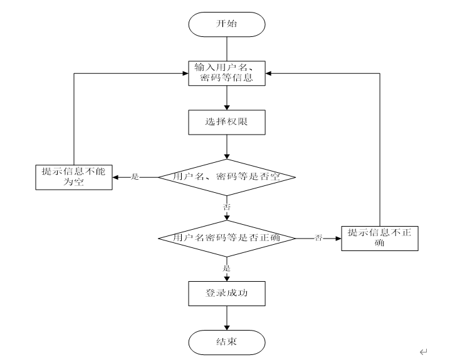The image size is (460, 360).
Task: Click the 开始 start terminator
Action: tap(227, 24)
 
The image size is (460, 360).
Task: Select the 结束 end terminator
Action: tap(227, 342)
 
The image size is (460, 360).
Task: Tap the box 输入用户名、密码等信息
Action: tap(227, 73)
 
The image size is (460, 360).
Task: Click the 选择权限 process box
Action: tap(227, 122)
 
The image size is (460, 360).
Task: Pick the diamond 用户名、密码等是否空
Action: tap(227, 177)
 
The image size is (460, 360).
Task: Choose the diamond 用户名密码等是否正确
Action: tap(227, 239)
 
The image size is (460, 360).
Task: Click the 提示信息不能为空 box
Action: tap(74, 177)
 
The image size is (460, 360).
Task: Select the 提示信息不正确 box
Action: tap(380, 239)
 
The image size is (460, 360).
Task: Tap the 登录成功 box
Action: tap(227, 294)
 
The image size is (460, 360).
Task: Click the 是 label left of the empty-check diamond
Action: tap(135, 177)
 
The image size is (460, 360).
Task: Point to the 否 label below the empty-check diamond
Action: tap(227, 207)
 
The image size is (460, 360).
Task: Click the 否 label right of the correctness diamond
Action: tap(318, 238)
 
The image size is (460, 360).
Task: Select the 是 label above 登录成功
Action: tap(227, 268)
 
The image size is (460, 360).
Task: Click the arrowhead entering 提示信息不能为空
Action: tap(115, 177)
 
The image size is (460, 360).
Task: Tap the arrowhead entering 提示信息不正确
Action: tap(338, 239)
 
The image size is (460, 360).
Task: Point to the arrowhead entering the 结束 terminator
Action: tap(227, 327)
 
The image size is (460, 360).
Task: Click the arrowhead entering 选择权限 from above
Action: tap(227, 107)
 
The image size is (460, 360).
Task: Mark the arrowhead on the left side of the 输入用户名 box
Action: tap(186, 73)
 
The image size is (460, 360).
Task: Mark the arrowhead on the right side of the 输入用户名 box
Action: tap(268, 73)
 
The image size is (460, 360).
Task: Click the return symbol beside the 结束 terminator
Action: tap(423, 351)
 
